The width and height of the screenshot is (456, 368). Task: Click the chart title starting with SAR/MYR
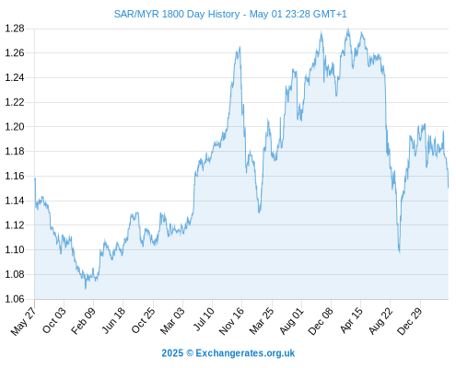230,14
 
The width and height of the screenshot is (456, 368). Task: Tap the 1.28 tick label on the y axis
15,29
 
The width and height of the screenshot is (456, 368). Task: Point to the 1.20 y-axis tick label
15,127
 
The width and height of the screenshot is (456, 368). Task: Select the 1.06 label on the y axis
15,299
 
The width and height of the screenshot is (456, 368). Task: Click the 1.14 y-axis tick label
15,201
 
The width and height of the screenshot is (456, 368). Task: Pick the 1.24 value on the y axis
15,77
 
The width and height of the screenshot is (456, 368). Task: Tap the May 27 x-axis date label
23,321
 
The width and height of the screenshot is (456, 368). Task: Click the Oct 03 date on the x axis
53,320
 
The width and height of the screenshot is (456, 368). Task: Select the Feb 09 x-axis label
83,321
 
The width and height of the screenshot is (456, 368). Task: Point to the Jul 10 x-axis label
204,319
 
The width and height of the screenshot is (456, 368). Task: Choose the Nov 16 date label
231,321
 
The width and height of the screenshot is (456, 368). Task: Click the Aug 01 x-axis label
291,321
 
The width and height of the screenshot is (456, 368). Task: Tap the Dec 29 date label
410,321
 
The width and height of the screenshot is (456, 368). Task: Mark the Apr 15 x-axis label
351,320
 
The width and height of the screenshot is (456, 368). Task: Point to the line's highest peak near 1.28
348,29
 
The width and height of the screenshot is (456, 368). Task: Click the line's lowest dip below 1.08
86,289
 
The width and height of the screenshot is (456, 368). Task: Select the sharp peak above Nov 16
240,47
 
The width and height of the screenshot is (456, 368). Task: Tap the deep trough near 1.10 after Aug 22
400,252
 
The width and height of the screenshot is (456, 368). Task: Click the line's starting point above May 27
35,178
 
